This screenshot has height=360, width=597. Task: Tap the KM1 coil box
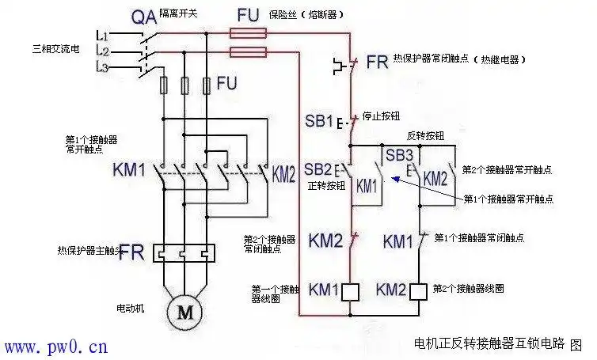[352, 290]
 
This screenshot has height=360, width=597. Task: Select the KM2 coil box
[419, 290]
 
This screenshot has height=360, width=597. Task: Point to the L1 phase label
[101, 36]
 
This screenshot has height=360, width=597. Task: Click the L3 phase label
[101, 66]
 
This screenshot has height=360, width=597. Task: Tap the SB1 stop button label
[319, 122]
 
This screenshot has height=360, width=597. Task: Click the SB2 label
[318, 169]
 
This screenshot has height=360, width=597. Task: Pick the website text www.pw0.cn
[55, 347]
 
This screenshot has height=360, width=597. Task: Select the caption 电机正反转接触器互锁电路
[489, 343]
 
